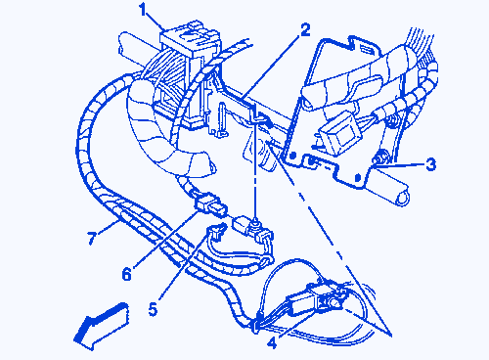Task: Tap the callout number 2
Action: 305,30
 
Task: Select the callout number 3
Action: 431,164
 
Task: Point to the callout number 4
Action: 272,342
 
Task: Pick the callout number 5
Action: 153,309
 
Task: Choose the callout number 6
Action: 126,274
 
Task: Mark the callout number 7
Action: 91,238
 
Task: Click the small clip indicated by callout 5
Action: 216,231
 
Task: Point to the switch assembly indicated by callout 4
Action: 316,298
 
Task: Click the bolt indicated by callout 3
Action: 380,159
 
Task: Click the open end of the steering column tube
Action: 403,198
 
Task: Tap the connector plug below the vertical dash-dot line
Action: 253,228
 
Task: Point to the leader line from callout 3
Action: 400,165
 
